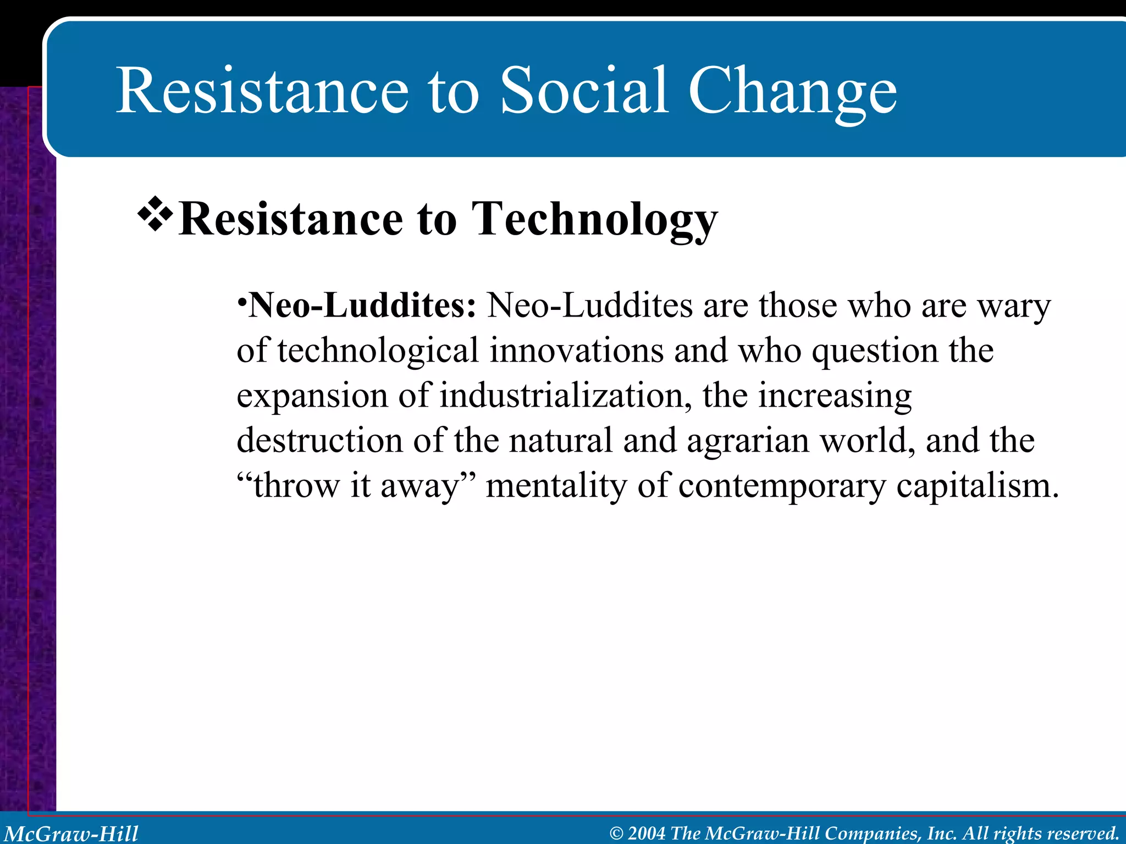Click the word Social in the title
(x=584, y=91)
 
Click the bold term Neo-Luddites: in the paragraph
(x=362, y=306)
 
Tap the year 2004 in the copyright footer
(x=646, y=834)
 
